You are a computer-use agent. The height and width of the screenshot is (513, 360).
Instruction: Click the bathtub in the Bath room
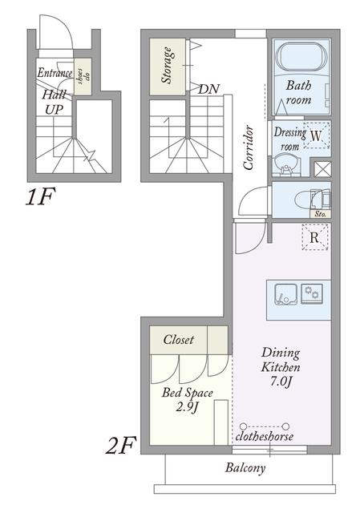click(x=301, y=56)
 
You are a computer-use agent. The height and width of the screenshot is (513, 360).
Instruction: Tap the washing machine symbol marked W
click(x=316, y=135)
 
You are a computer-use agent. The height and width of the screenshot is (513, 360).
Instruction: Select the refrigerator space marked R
click(x=314, y=237)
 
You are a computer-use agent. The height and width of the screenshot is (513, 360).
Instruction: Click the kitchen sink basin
click(x=285, y=294)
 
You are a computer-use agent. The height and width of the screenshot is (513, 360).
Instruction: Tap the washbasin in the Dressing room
click(x=286, y=165)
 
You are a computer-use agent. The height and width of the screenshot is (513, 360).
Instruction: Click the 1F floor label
click(x=40, y=196)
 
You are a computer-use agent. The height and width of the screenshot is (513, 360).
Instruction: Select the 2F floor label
click(x=120, y=446)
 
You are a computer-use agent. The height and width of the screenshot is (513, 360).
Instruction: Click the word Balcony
click(x=245, y=468)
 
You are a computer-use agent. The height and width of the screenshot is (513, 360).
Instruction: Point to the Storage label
click(x=168, y=66)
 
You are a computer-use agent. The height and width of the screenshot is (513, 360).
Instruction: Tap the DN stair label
click(x=208, y=89)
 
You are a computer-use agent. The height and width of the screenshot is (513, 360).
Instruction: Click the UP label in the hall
click(x=54, y=110)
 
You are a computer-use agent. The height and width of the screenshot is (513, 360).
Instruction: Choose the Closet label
click(x=179, y=340)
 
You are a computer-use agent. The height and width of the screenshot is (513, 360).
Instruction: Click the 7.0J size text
click(x=281, y=382)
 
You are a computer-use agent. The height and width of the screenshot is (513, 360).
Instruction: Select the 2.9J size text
click(x=188, y=407)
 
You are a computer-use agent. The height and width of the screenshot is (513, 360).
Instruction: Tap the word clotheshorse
click(x=264, y=436)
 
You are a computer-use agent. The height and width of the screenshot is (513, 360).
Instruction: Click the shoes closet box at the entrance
click(x=83, y=77)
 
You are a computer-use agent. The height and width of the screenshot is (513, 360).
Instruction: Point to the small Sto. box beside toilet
click(x=321, y=214)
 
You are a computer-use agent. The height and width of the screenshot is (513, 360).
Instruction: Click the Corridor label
click(x=249, y=147)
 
